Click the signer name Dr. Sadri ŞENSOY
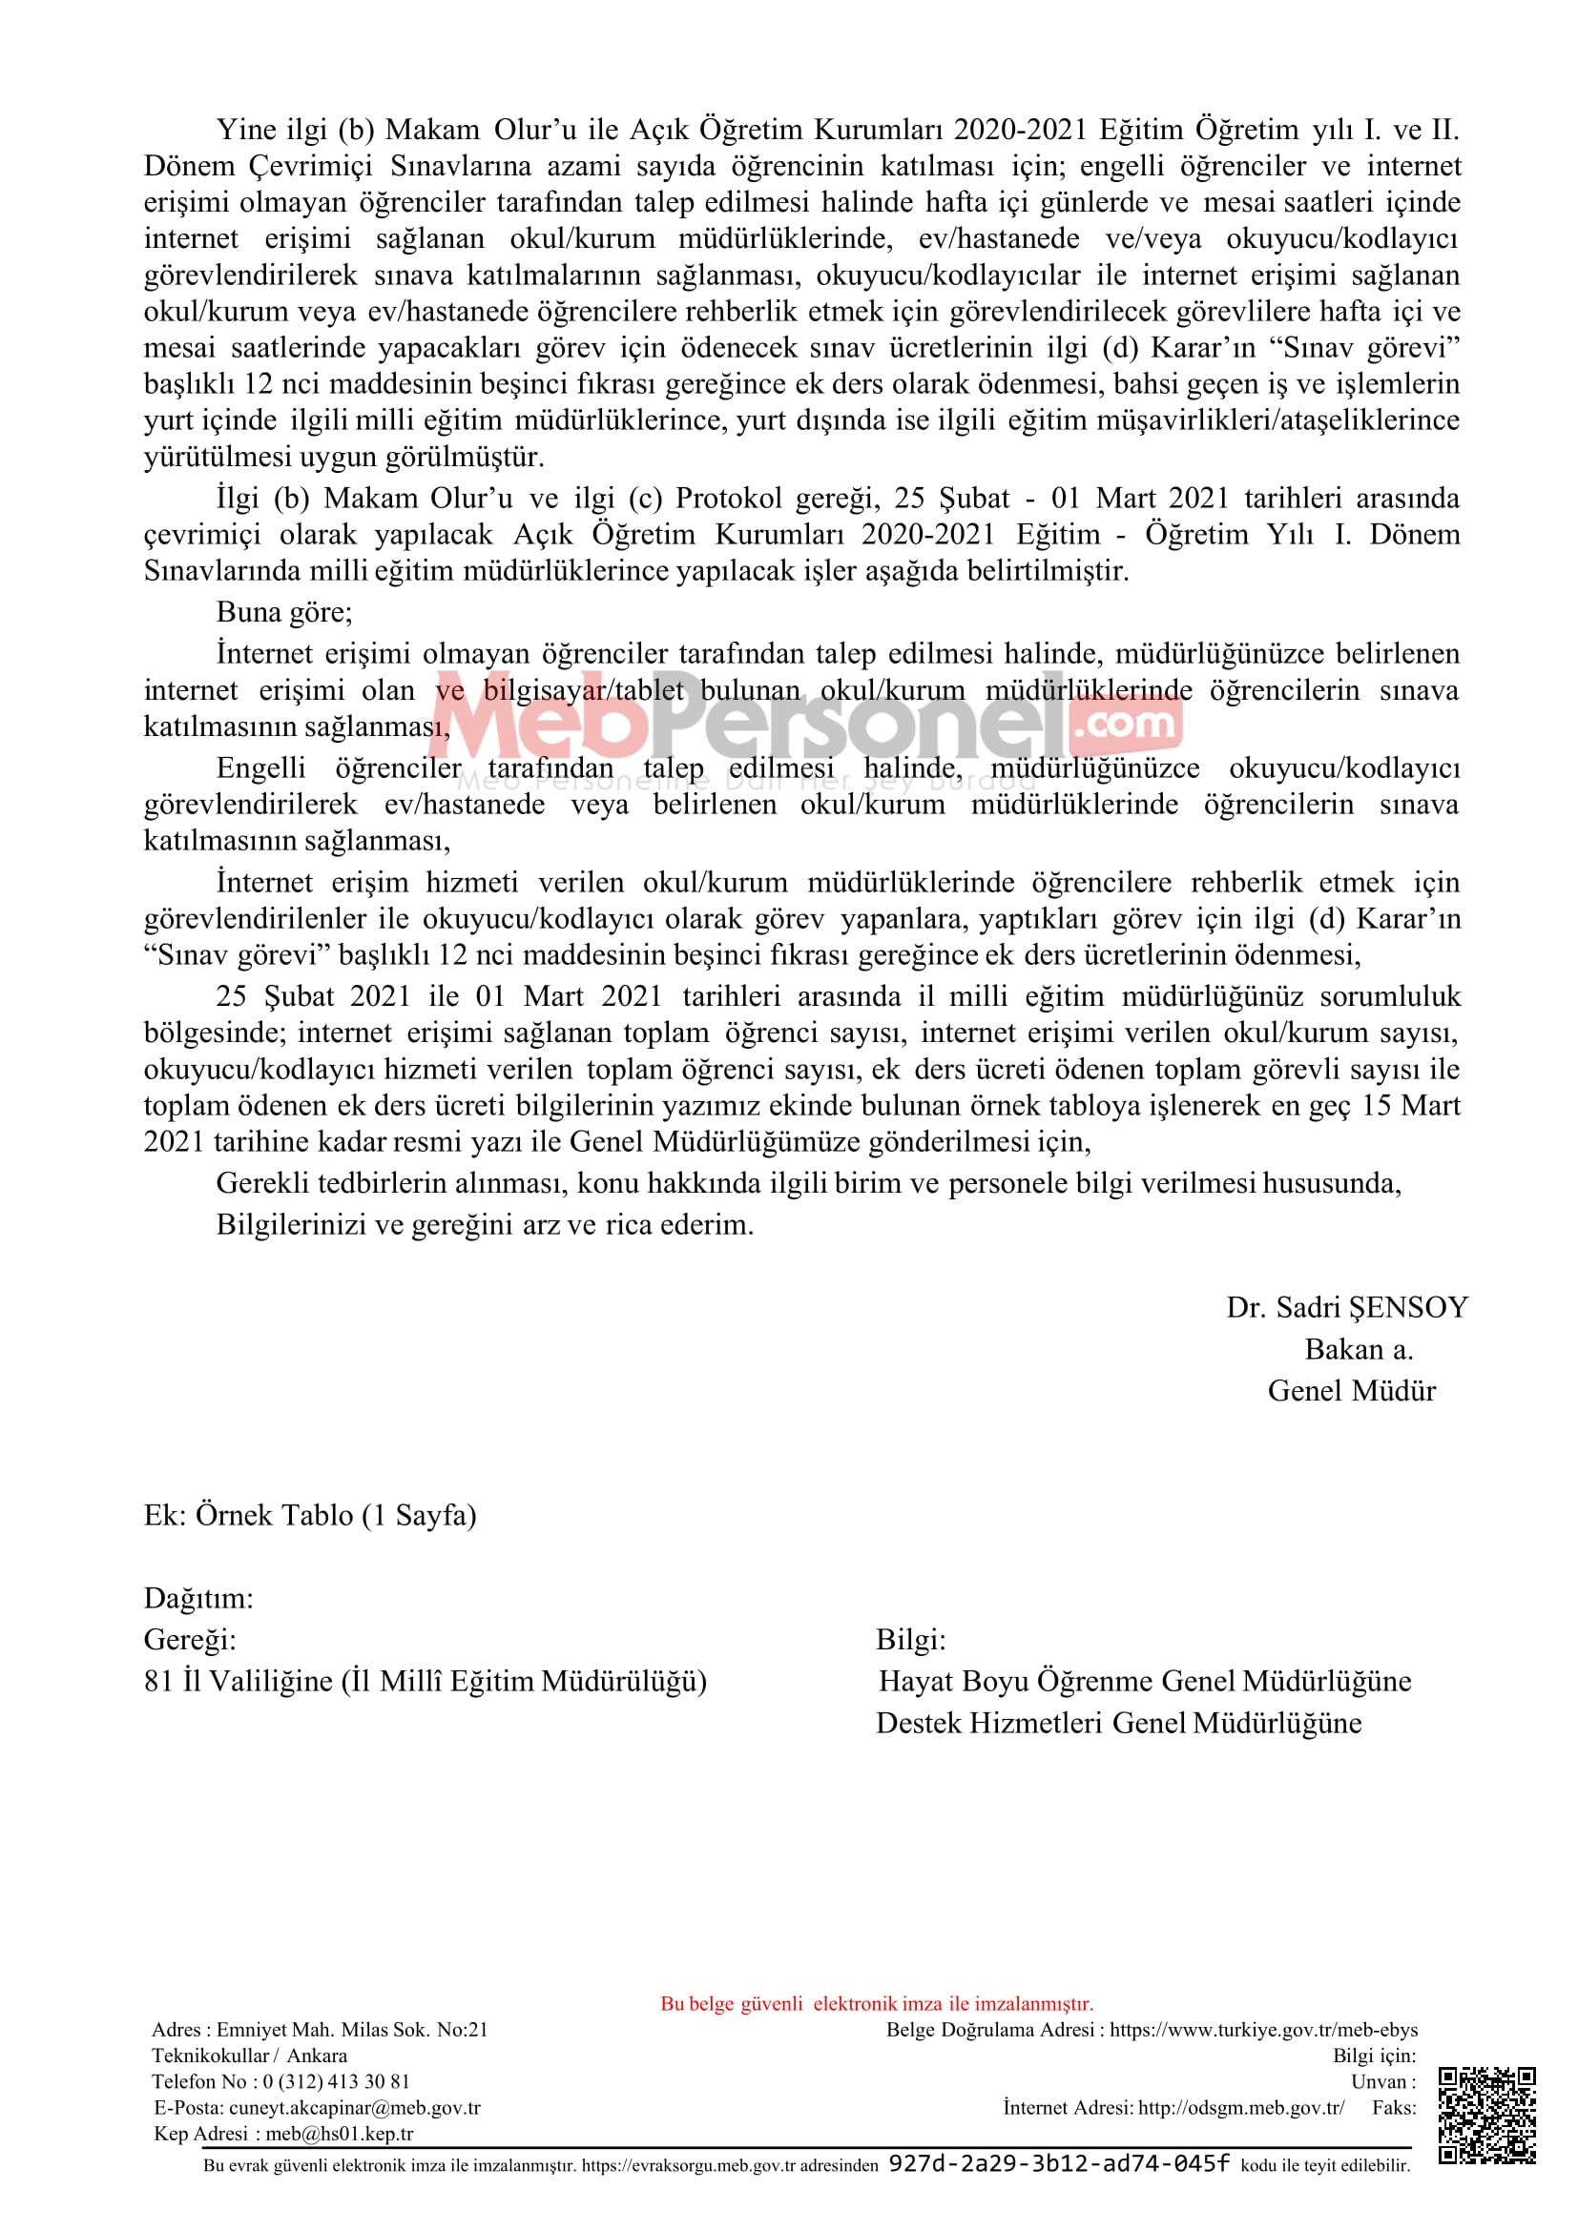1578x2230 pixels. click(1346, 1307)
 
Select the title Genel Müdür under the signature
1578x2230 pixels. click(1351, 1391)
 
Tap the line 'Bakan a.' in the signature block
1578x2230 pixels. click(1359, 1349)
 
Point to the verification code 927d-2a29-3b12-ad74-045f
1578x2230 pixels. click(1059, 2164)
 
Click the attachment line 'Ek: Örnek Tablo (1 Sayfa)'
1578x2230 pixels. click(310, 1515)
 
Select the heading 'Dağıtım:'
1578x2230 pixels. click(198, 1598)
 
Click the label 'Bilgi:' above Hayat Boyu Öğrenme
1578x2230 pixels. click(910, 1640)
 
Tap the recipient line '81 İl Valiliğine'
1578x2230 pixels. click(425, 1681)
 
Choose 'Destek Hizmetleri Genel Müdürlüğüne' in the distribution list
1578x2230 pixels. click(1118, 1723)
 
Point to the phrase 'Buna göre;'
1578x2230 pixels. click(283, 612)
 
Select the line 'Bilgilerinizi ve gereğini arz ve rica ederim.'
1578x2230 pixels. click(485, 1224)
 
